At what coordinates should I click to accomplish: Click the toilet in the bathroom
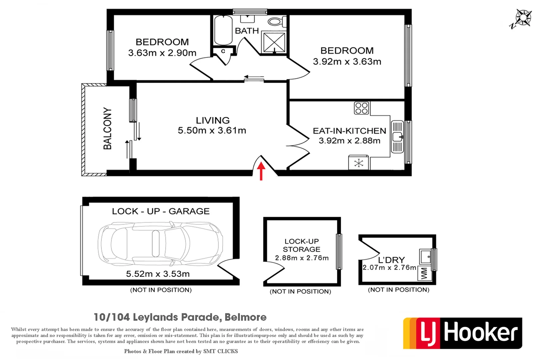276,22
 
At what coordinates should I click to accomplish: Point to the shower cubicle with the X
274,42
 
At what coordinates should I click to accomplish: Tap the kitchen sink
397,137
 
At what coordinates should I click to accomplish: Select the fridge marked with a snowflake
358,163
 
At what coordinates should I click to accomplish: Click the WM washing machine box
424,274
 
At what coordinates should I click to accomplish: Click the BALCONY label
107,128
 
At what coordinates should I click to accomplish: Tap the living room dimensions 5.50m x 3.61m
212,130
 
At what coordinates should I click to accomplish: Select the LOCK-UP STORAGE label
301,245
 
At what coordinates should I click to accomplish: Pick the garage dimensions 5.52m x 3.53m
158,274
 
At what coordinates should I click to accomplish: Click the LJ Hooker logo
462,333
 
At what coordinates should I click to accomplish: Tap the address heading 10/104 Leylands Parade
180,317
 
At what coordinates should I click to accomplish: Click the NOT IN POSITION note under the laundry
398,290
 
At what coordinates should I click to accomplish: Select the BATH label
247,31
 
